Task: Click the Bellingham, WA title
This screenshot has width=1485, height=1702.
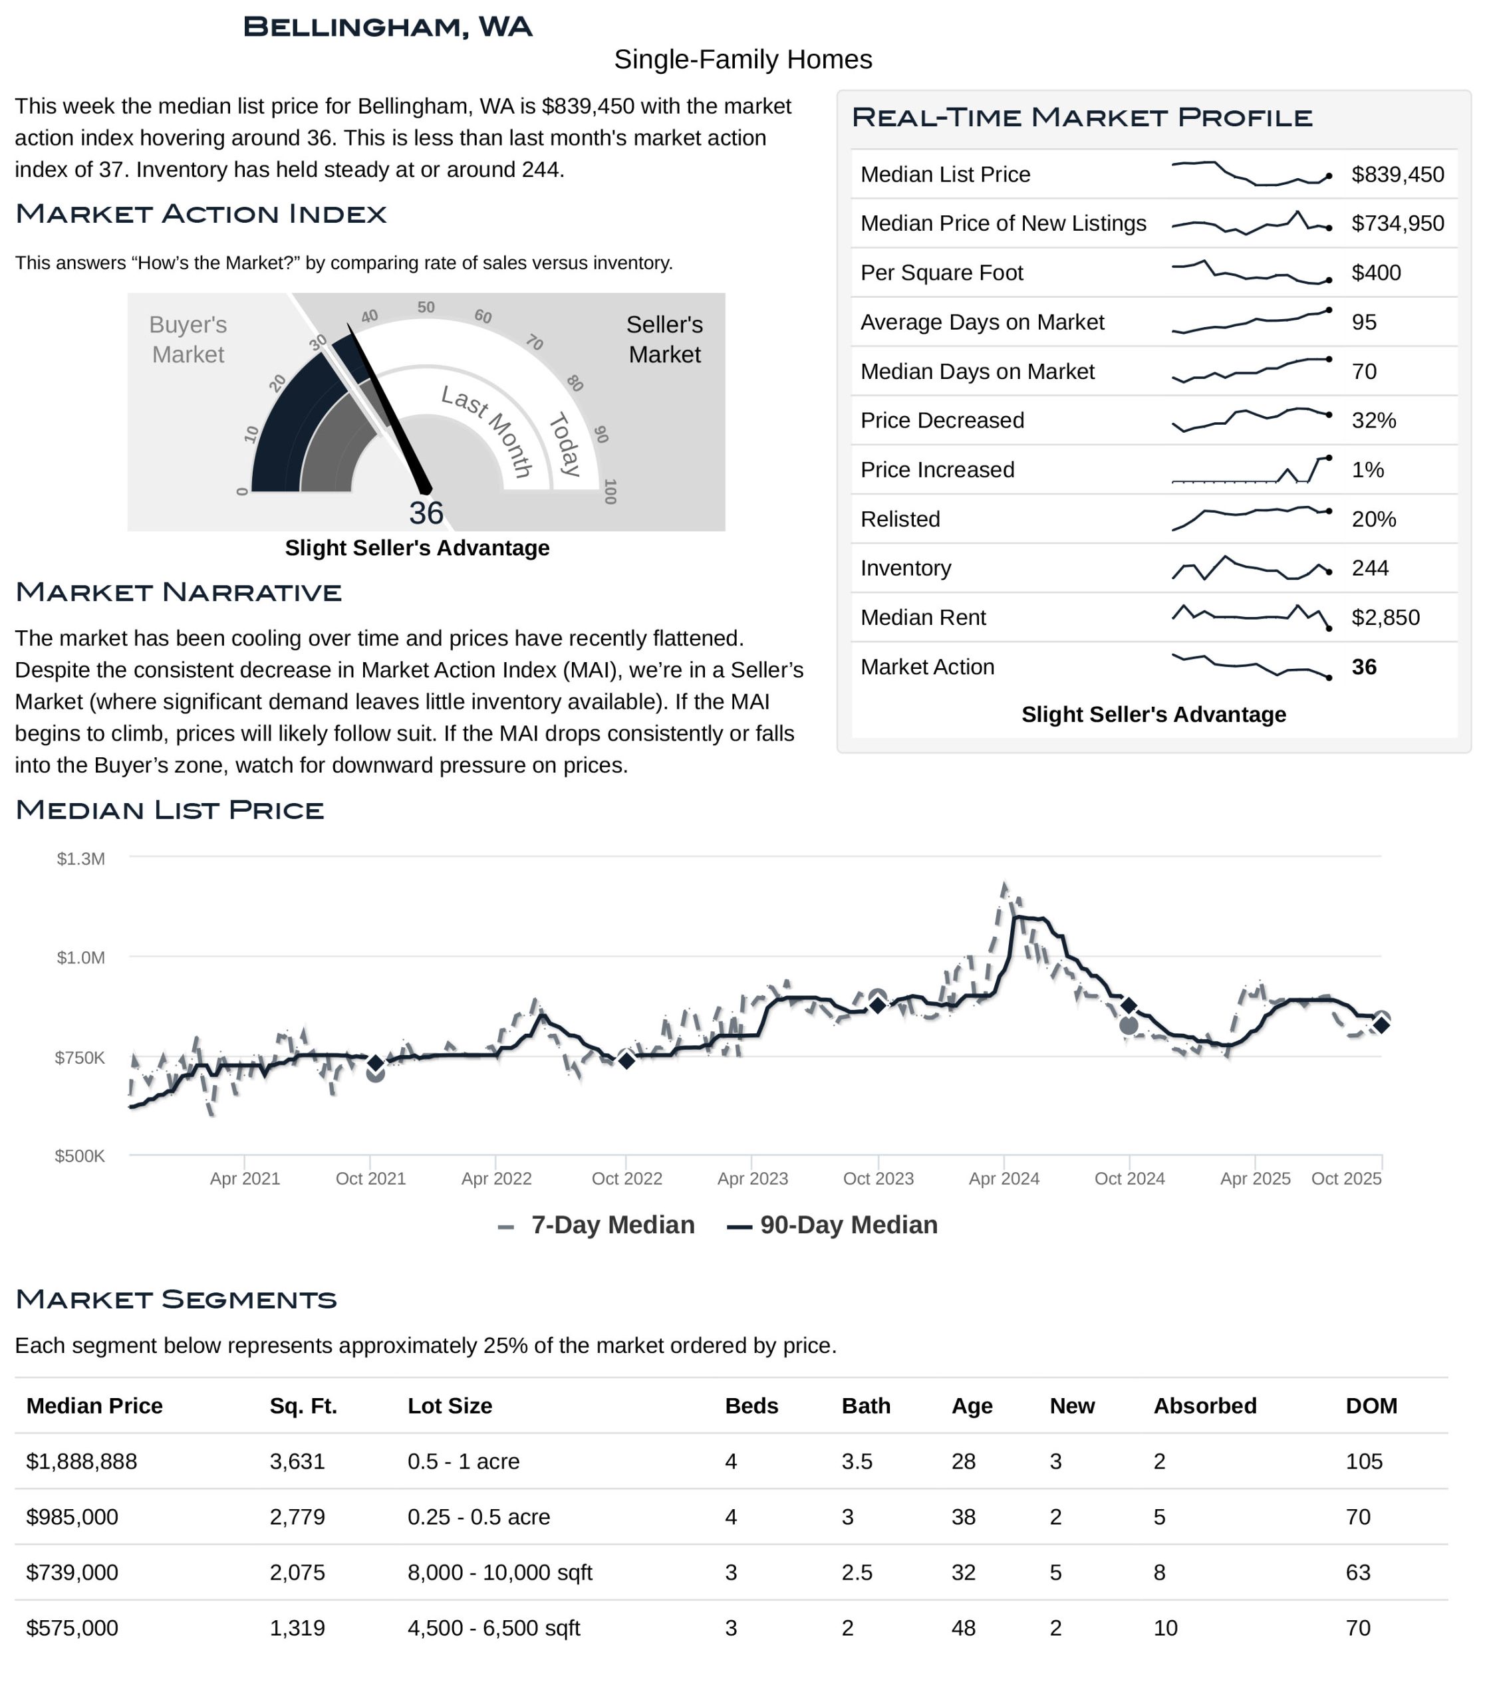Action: tap(387, 27)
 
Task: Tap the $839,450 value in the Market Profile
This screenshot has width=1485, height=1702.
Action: tap(1397, 175)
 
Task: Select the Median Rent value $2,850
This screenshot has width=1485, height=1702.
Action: tap(1385, 618)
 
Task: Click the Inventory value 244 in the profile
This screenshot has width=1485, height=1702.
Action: tap(1370, 568)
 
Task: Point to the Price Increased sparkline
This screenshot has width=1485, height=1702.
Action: tap(1250, 470)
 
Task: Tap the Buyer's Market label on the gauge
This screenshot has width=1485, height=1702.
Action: tap(188, 340)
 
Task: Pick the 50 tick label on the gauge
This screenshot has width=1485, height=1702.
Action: tap(426, 307)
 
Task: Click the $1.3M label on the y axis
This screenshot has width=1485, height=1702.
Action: tap(80, 858)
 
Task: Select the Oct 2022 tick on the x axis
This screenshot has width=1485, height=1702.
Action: tap(626, 1178)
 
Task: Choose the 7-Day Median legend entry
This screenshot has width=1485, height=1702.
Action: tap(612, 1225)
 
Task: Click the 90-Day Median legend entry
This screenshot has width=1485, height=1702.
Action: tap(848, 1225)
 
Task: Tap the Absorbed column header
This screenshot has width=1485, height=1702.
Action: tap(1204, 1406)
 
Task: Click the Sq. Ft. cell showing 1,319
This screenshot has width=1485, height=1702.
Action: tap(297, 1628)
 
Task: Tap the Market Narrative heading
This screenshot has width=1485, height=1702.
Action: tap(178, 592)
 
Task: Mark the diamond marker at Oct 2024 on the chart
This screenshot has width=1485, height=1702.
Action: tap(1128, 1006)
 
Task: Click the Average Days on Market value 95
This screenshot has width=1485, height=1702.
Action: tap(1363, 322)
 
